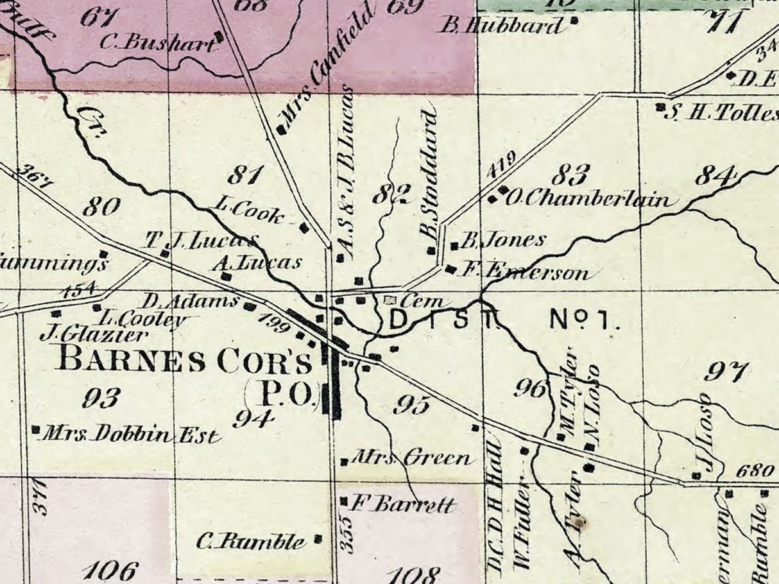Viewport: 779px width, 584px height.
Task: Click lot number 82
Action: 391,193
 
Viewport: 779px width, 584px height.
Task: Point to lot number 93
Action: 101,399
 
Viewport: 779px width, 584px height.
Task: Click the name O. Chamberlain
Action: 590,198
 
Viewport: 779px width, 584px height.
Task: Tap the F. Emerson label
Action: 525,271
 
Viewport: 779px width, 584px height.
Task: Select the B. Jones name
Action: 503,241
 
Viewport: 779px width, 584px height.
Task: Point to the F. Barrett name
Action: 404,504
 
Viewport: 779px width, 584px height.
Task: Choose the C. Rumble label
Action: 250,542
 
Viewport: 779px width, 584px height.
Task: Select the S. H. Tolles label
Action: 721,113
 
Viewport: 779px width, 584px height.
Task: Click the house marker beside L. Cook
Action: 304,227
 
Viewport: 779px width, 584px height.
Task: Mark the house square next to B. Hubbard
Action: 574,21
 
